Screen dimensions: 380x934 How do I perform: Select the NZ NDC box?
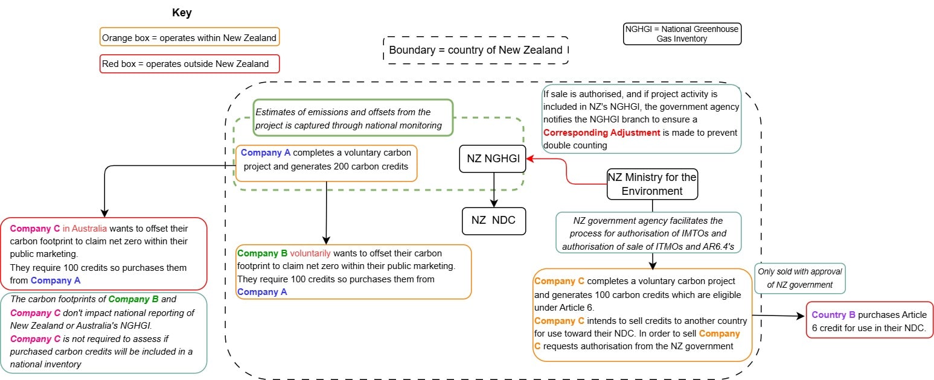pyautogui.click(x=493, y=220)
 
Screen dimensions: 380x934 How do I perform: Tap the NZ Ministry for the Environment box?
pyautogui.click(x=652, y=184)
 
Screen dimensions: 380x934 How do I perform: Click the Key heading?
pyautogui.click(x=182, y=13)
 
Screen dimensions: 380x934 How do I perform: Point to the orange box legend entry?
pyautogui.click(x=189, y=38)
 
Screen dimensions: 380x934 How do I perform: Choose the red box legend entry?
pyautogui.click(x=189, y=64)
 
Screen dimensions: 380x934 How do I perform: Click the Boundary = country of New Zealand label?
pyautogui.click(x=476, y=50)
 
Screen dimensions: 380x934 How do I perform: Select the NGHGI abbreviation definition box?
pyautogui.click(x=682, y=33)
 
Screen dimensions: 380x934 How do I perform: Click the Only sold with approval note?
pyautogui.click(x=799, y=279)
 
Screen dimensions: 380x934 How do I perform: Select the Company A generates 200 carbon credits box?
pyautogui.click(x=326, y=163)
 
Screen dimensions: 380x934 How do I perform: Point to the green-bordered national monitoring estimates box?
pyautogui.click(x=353, y=118)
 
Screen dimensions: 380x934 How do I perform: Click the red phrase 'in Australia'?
pyautogui.click(x=85, y=229)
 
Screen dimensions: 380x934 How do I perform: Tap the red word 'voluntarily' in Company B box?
pyautogui.click(x=310, y=253)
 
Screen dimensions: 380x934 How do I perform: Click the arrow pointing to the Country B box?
pyautogui.click(x=779, y=315)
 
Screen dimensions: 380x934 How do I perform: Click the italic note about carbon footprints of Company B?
pyautogui.click(x=104, y=332)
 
